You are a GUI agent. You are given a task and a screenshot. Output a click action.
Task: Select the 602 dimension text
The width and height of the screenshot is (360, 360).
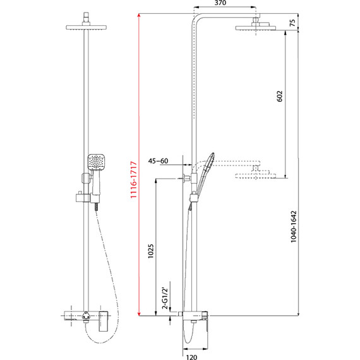click(279, 96)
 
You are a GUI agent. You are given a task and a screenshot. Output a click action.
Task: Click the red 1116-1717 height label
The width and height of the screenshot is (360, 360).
click(132, 176)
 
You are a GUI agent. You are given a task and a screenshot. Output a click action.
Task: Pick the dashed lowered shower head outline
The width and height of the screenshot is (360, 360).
click(256, 175)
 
